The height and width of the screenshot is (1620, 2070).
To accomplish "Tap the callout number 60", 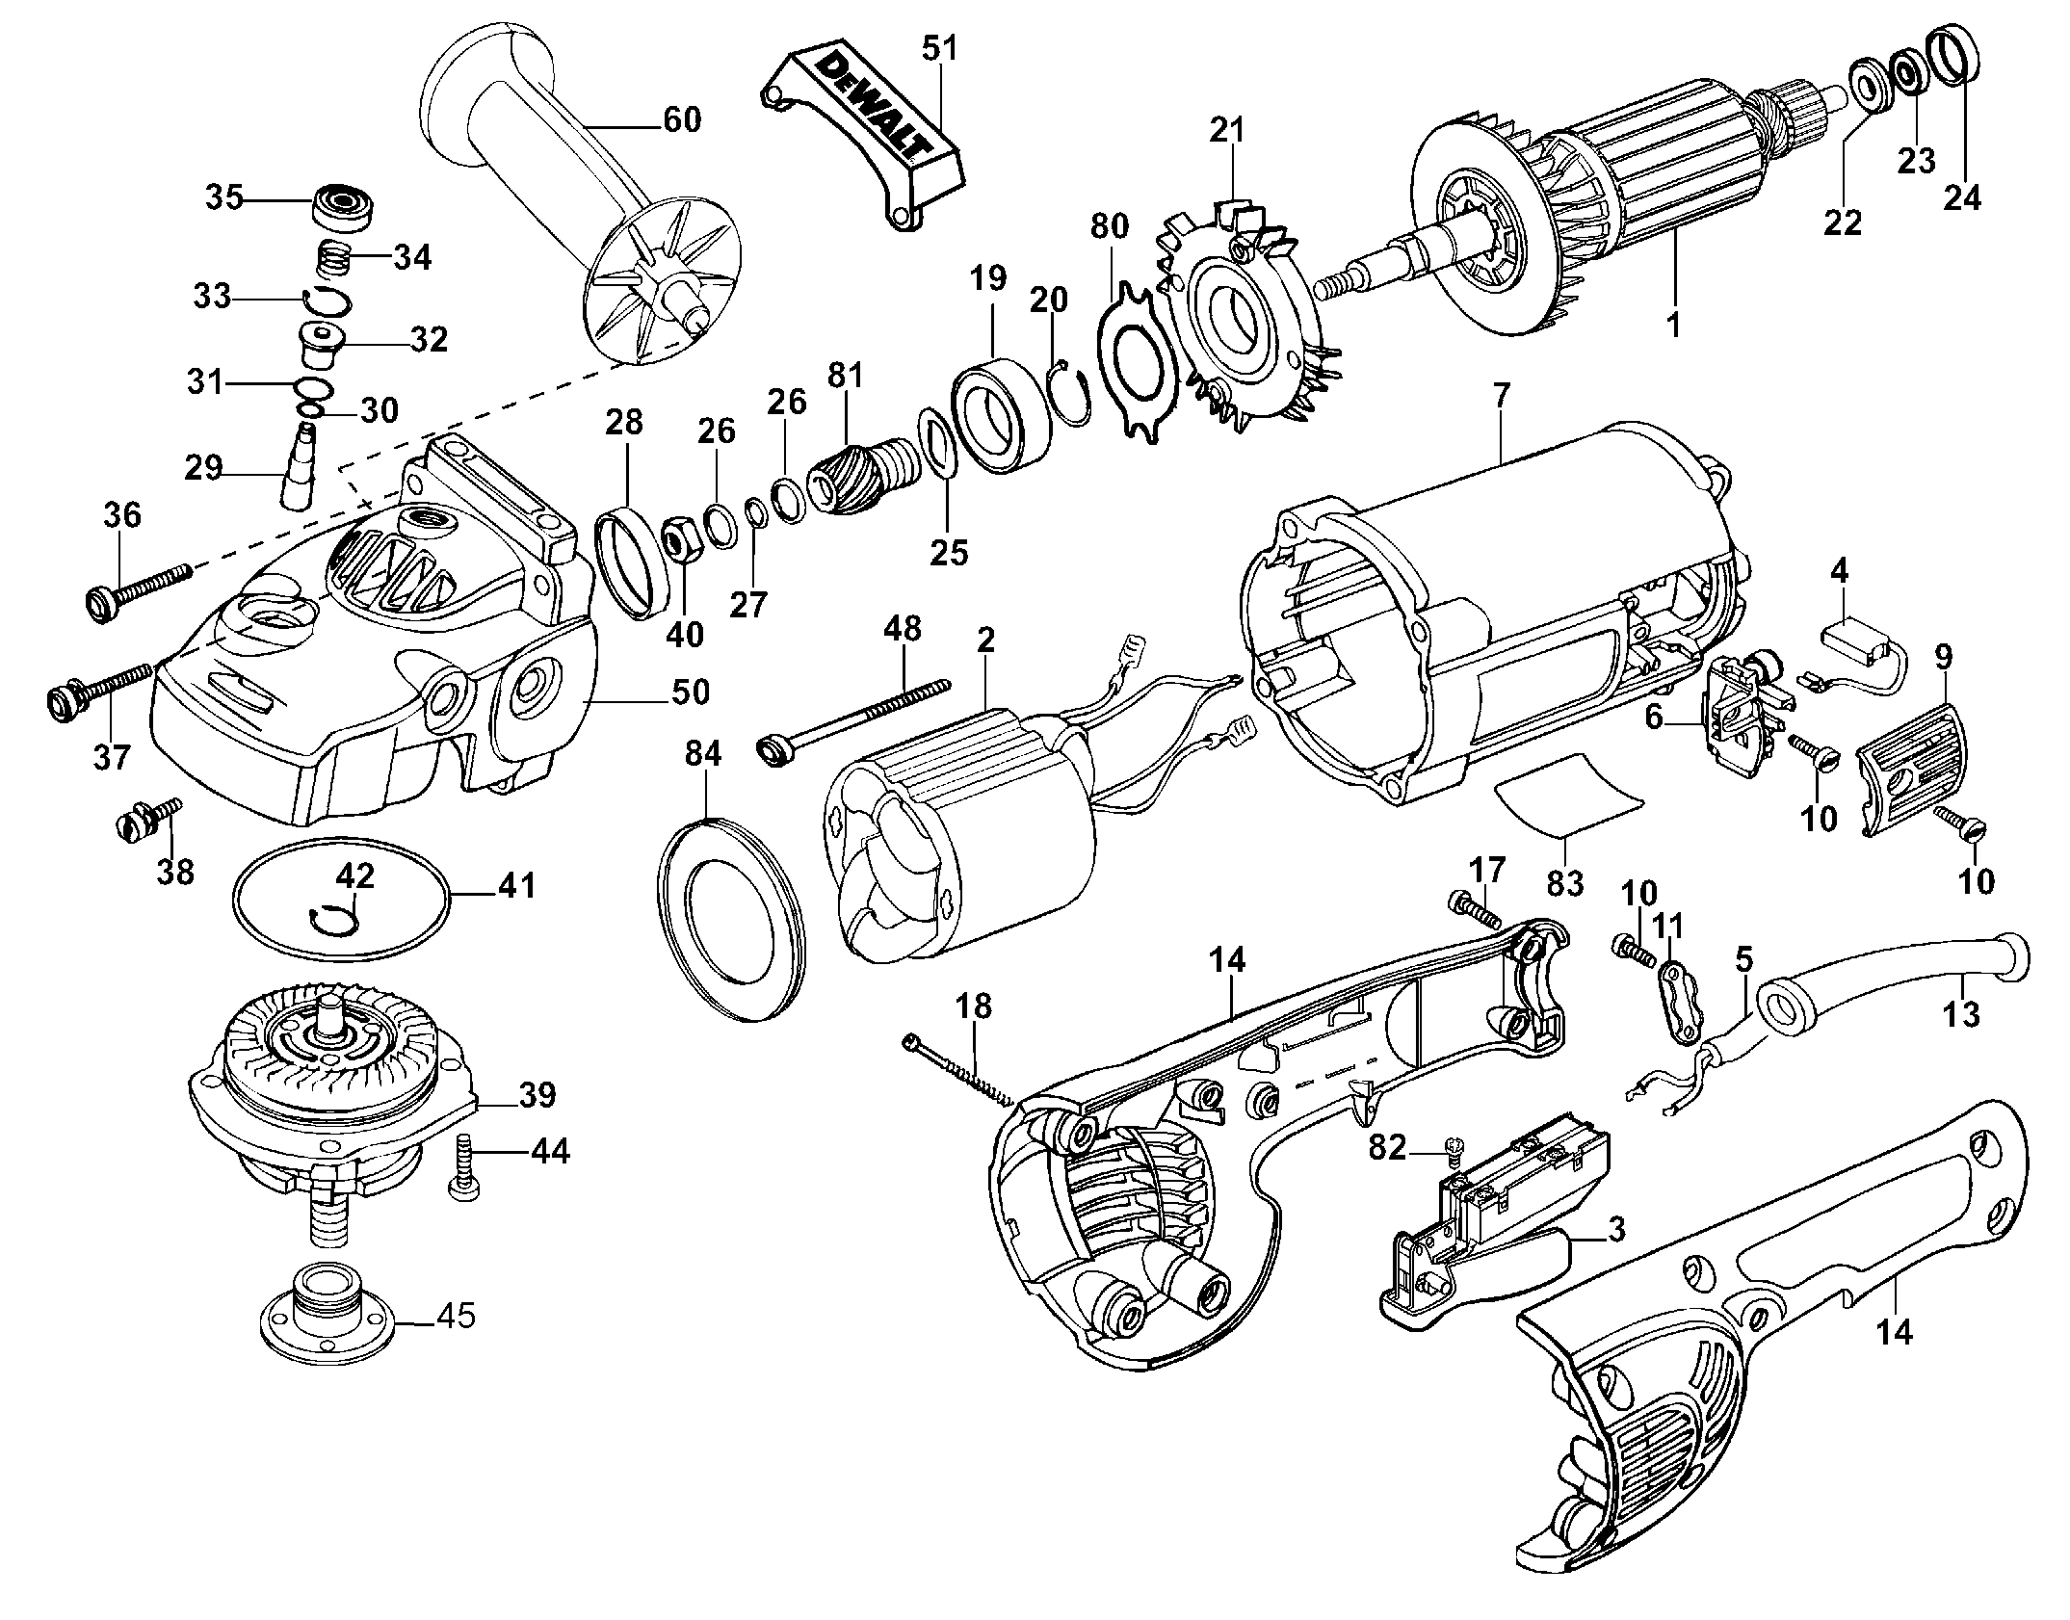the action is tap(682, 120).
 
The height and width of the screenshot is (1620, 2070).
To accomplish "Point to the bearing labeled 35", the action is tap(344, 203).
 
